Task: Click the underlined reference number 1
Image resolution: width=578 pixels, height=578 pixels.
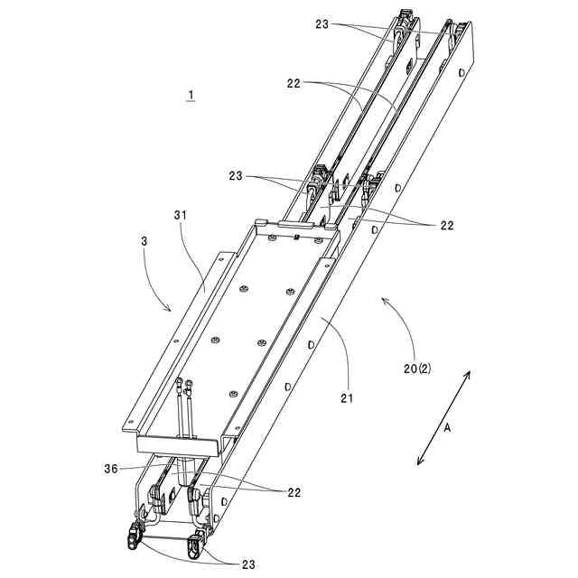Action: pos(191,95)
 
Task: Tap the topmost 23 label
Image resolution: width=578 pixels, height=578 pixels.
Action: pos(322,24)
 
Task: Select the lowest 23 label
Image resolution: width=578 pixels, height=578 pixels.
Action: pos(248,564)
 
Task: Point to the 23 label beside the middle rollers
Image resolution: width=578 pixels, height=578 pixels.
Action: pos(236,176)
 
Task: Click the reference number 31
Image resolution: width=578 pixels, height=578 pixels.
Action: pos(181,215)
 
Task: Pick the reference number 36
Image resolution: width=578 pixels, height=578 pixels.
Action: pos(111,469)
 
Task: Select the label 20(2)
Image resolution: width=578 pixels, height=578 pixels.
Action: pos(417,368)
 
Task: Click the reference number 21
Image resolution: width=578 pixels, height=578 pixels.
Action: pos(347,398)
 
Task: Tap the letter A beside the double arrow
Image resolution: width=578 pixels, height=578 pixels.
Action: pos(448,428)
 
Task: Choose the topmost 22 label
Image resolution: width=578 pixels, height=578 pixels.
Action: pos(294,84)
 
